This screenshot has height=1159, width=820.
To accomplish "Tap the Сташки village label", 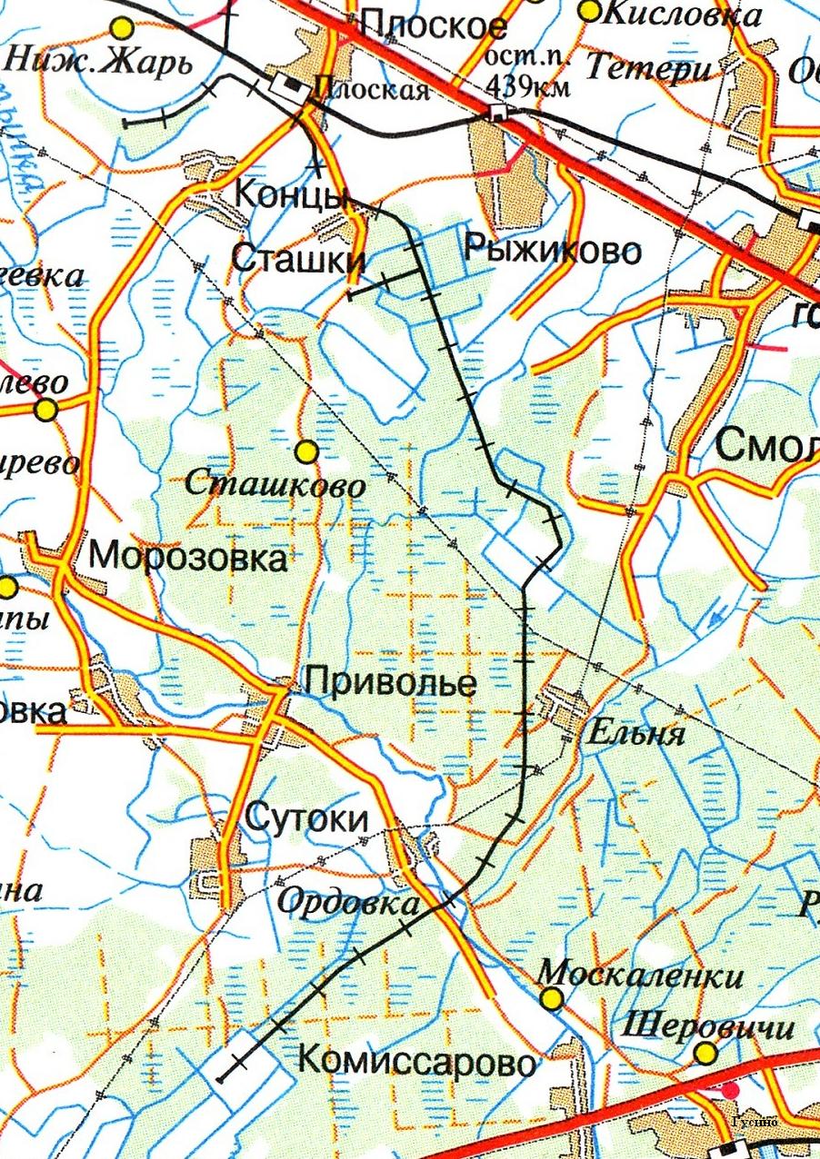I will (x=297, y=258).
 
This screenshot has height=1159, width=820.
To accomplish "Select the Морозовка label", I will (x=188, y=556).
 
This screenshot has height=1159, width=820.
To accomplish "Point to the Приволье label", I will (x=389, y=682).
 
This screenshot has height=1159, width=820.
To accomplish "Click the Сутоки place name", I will (x=307, y=819).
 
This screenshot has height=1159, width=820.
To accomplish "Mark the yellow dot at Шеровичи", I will (x=705, y=1054).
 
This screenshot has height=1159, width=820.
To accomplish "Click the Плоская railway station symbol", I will (x=289, y=86).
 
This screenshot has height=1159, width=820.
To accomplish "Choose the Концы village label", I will (x=289, y=193).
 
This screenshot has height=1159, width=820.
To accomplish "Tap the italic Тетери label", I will (x=639, y=68).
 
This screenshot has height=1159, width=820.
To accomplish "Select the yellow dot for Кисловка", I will (x=590, y=11).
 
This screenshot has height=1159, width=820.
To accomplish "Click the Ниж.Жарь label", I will (x=100, y=63).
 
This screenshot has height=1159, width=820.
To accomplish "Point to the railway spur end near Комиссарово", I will (x=221, y=1079).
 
